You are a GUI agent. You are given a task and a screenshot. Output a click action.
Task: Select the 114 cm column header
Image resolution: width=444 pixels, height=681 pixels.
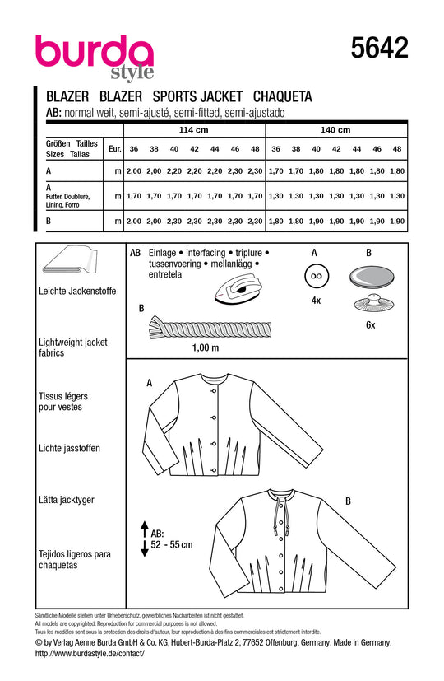[195, 130]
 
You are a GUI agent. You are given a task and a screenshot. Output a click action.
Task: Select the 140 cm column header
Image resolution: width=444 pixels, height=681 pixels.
[335, 130]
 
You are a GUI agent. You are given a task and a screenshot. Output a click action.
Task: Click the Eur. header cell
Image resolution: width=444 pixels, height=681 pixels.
[114, 149]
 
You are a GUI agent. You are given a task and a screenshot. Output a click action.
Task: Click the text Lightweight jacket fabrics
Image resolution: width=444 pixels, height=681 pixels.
[74, 346]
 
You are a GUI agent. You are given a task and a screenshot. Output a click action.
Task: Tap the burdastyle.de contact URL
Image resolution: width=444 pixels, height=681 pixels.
[90, 652]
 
